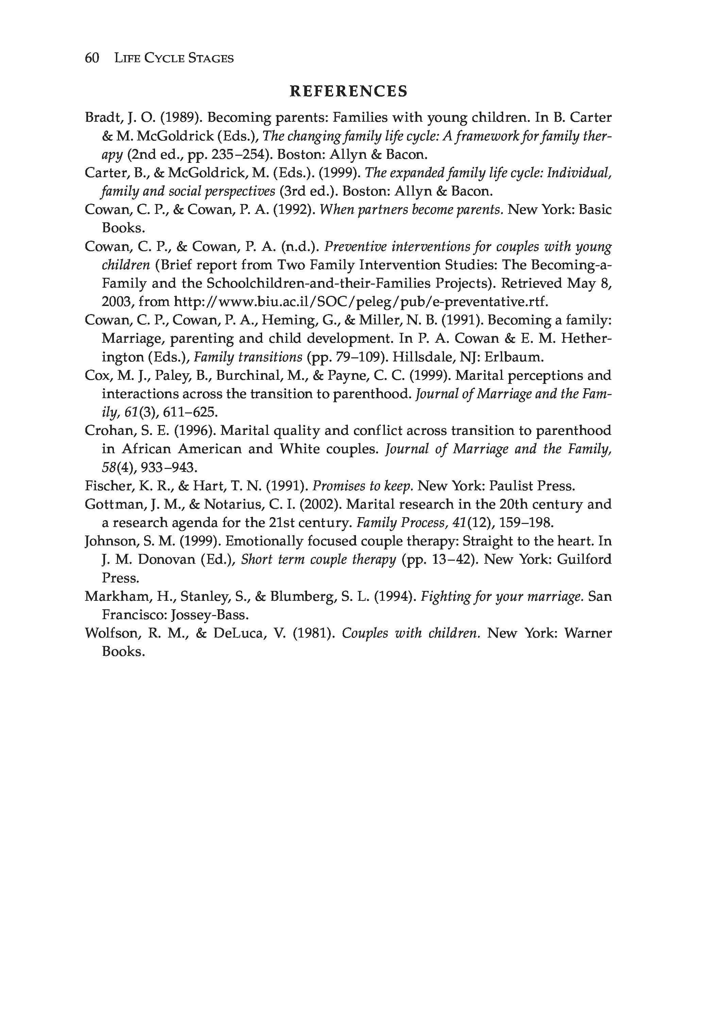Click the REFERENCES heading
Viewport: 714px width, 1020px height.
(x=348, y=91)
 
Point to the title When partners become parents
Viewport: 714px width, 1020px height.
(x=411, y=210)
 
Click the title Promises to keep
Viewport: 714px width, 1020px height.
(x=362, y=486)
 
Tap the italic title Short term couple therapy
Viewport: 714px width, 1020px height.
(x=318, y=559)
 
